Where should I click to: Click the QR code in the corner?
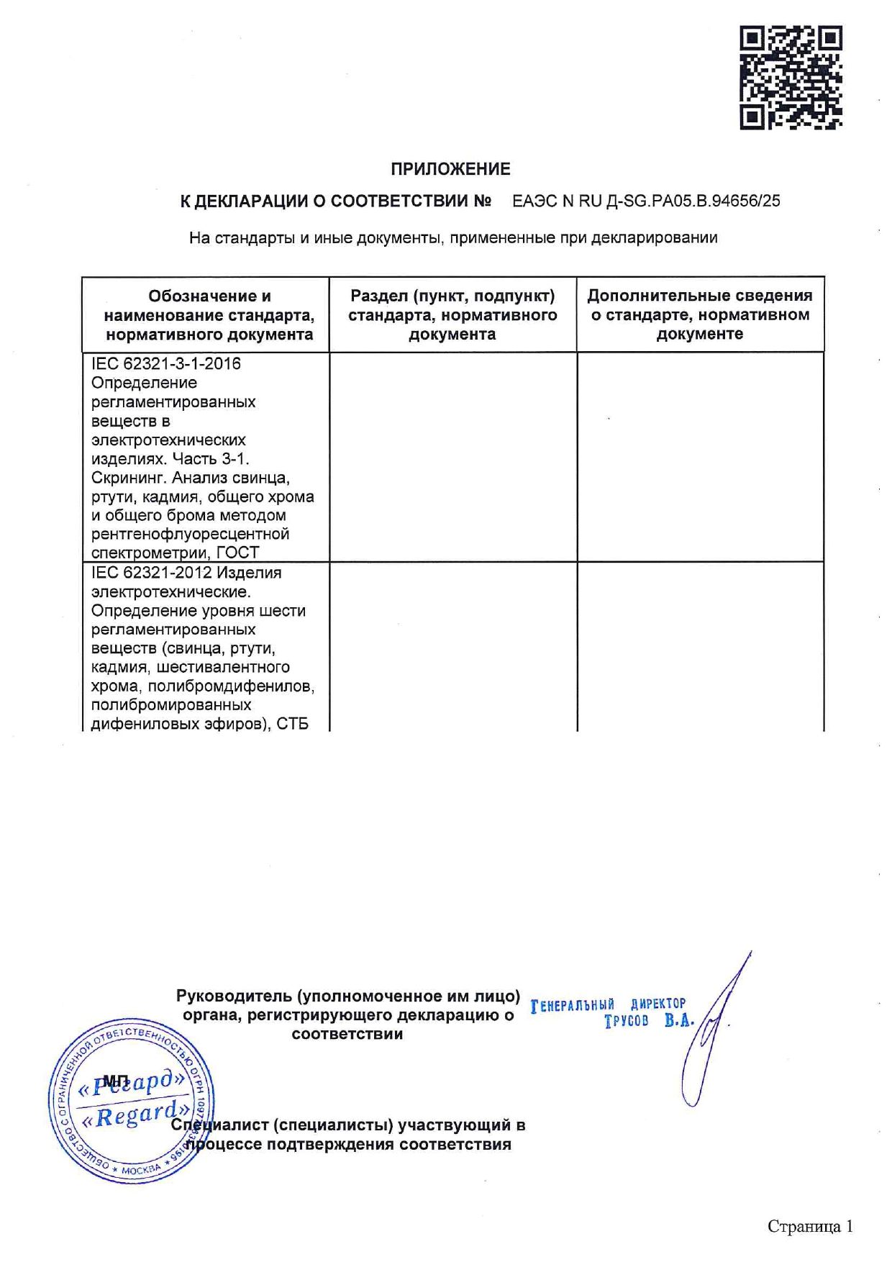click(791, 78)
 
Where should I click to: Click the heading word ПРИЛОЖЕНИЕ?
click(450, 169)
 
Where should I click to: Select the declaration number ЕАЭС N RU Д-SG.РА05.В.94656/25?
click(646, 201)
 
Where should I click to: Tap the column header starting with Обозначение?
click(209, 315)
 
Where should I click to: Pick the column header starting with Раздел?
click(452, 315)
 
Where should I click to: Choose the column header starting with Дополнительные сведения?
click(700, 314)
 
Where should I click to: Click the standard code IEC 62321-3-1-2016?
click(166, 364)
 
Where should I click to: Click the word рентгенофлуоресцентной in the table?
click(191, 534)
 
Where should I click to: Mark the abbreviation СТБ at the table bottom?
click(292, 724)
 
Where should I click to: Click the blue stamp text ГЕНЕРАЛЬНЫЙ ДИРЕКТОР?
click(609, 1005)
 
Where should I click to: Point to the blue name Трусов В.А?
click(648, 1021)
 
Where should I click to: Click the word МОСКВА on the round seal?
click(141, 1169)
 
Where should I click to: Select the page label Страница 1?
click(810, 1226)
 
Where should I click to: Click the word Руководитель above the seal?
click(234, 997)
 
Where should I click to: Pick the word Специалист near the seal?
click(219, 1125)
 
